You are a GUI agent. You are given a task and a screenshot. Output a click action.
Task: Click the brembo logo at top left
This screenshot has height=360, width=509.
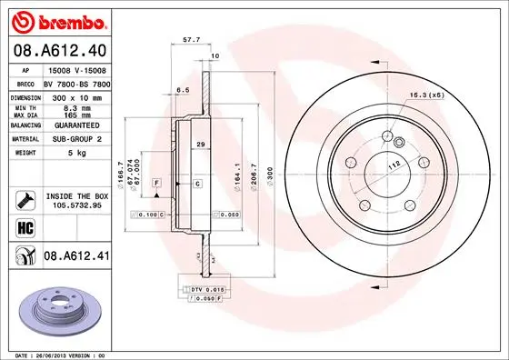pyautogui.click(x=60, y=21)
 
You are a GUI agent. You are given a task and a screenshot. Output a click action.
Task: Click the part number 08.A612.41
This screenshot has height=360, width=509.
pyautogui.click(x=77, y=257)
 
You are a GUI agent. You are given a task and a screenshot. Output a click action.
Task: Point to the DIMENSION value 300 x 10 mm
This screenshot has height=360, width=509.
pyautogui.click(x=75, y=96)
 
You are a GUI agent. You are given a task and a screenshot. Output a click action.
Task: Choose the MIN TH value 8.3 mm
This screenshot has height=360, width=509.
pyautogui.click(x=74, y=107)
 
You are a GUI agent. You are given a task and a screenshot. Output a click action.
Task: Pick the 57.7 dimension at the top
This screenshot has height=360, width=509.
pyautogui.click(x=191, y=41)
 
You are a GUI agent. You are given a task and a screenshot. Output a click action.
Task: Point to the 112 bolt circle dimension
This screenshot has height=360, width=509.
pyautogui.click(x=393, y=165)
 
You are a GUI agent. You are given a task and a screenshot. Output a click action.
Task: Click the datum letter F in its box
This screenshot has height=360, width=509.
pyautogui.click(x=157, y=184)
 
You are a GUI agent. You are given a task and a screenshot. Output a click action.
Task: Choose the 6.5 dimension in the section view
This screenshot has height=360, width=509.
pyautogui.click(x=182, y=91)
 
